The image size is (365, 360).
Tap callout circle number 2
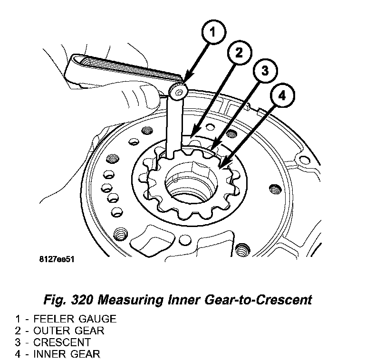(x=239, y=53)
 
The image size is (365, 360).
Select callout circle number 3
(x=264, y=71)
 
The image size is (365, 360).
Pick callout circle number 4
(x=282, y=95)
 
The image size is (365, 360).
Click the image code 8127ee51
(x=58, y=260)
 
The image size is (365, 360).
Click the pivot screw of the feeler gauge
(x=179, y=91)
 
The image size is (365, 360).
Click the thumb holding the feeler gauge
(x=147, y=90)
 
